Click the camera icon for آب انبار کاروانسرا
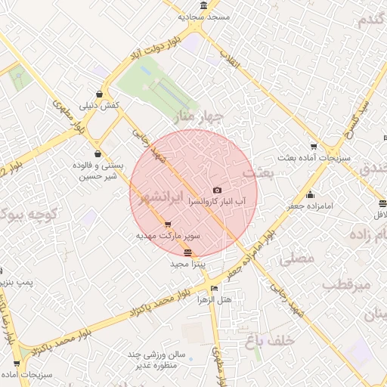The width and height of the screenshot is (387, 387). click(x=218, y=190)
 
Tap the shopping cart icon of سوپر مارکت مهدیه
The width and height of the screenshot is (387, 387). click(x=167, y=224)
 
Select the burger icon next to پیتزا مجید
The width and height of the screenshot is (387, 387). click(x=187, y=252)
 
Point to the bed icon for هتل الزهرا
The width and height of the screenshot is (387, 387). click(x=215, y=288)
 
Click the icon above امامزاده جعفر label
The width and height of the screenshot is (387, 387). click(x=310, y=194)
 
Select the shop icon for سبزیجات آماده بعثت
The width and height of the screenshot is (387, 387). click(x=314, y=147)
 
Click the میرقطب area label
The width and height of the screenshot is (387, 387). click(x=345, y=286)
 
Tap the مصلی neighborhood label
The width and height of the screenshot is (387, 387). click(x=297, y=259)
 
